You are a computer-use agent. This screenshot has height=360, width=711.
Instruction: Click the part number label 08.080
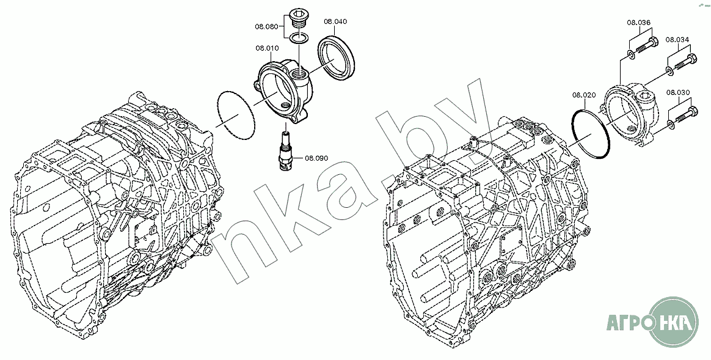pyautogui.click(x=266, y=26)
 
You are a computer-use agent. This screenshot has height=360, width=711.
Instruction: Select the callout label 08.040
pyautogui.click(x=335, y=21)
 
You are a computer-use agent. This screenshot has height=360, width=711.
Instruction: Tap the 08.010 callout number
pyautogui.click(x=267, y=48)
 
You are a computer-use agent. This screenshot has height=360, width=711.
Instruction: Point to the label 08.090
pyautogui.click(x=316, y=158)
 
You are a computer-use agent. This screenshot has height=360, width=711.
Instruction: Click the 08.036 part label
pyautogui.click(x=639, y=22)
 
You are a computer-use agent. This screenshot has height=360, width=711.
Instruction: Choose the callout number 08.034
pyautogui.click(x=677, y=40)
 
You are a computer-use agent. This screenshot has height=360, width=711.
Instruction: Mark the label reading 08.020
pyautogui.click(x=583, y=95)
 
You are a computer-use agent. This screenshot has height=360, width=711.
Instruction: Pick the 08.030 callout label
pyautogui.click(x=678, y=93)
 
